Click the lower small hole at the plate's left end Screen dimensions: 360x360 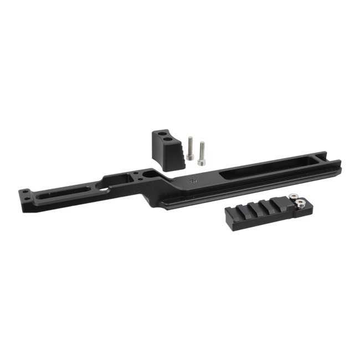click(25, 201)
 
